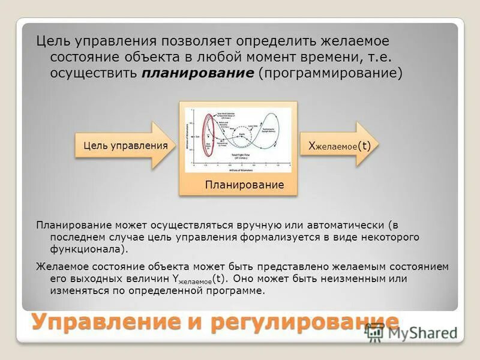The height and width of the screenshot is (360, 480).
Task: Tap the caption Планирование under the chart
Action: (x=244, y=185)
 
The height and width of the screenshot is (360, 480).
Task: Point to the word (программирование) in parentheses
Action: (x=331, y=73)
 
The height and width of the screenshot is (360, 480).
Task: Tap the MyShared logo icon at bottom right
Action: (x=374, y=332)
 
